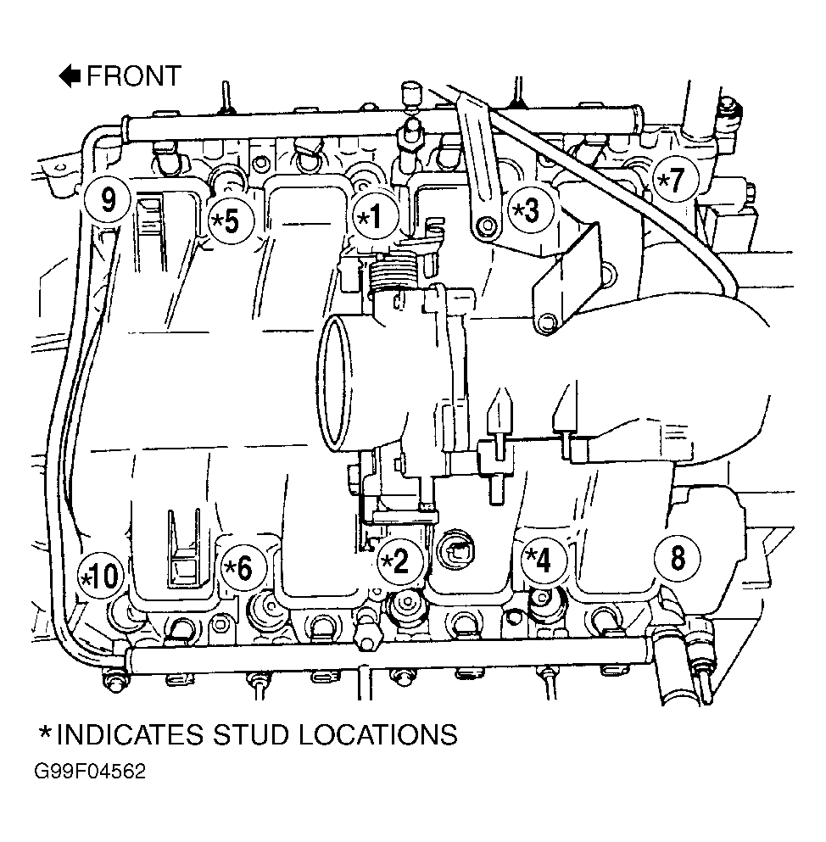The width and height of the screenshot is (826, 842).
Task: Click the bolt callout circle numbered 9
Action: pyautogui.click(x=108, y=201)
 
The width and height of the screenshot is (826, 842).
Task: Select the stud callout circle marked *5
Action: pyautogui.click(x=231, y=220)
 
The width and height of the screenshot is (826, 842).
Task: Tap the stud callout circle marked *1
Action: pyautogui.click(x=376, y=216)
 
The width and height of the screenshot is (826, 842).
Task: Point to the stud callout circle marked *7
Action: pyautogui.click(x=676, y=178)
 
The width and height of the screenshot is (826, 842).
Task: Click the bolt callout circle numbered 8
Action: pyautogui.click(x=678, y=557)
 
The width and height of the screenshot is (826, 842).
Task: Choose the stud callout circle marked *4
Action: pyautogui.click(x=544, y=560)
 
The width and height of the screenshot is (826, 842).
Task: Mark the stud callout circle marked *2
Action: pyautogui.click(x=400, y=561)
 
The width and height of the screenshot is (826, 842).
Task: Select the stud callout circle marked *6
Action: pyautogui.click(x=245, y=567)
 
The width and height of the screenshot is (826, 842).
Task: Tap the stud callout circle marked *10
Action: pyautogui.click(x=100, y=577)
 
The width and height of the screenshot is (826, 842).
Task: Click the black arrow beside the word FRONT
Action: pyautogui.click(x=70, y=75)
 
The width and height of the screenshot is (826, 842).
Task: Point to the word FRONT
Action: pyautogui.click(x=134, y=75)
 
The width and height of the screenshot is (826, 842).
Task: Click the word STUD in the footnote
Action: pyautogui.click(x=251, y=734)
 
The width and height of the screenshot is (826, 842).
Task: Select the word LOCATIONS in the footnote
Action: pyautogui.click(x=377, y=734)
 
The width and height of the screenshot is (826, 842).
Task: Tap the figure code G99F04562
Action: pyautogui.click(x=90, y=772)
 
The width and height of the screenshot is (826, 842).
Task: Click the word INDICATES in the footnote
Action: pyautogui.click(x=130, y=734)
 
